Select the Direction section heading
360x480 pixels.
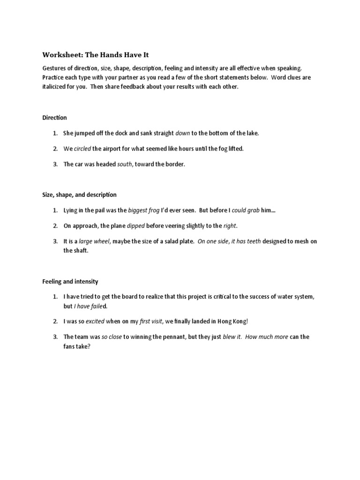point(54,118)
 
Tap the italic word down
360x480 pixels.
point(182,133)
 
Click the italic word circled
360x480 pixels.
point(82,149)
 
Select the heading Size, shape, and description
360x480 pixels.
point(79,195)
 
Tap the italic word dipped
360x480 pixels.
point(136,226)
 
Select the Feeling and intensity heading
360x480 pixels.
point(70,282)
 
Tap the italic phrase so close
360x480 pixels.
point(112,337)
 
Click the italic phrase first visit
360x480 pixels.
point(151,322)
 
